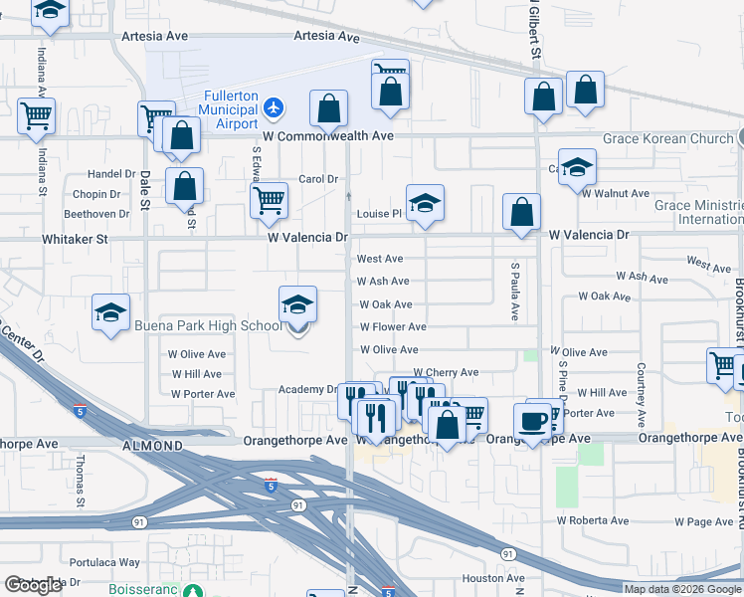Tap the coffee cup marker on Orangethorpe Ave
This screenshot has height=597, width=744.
(x=534, y=419)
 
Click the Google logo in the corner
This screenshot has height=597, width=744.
(x=33, y=585)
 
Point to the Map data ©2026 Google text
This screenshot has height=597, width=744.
(x=683, y=589)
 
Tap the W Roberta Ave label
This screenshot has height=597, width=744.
(x=593, y=520)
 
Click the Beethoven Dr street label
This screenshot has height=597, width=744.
(x=96, y=214)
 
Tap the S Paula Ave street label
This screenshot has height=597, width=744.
(x=515, y=292)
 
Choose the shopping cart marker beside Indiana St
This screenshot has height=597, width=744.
(x=36, y=115)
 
